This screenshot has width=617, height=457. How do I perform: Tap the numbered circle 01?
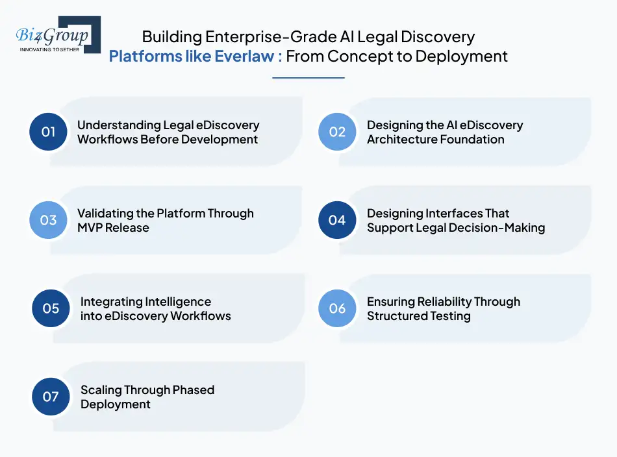pyautogui.click(x=49, y=132)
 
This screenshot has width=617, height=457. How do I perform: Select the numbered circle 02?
pyautogui.click(x=337, y=132)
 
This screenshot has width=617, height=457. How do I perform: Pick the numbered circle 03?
pyautogui.click(x=49, y=220)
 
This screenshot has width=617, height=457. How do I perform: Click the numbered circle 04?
pyautogui.click(x=337, y=220)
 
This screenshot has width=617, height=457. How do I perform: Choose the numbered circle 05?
pyautogui.click(x=51, y=308)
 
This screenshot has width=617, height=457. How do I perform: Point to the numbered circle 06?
pyautogui.click(x=337, y=308)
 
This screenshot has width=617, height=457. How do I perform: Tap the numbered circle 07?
pyautogui.click(x=51, y=397)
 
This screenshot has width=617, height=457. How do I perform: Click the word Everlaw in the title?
pyautogui.click(x=244, y=56)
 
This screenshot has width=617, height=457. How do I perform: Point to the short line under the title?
pyautogui.click(x=308, y=78)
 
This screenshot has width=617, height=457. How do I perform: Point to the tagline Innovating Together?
pyautogui.click(x=50, y=49)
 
